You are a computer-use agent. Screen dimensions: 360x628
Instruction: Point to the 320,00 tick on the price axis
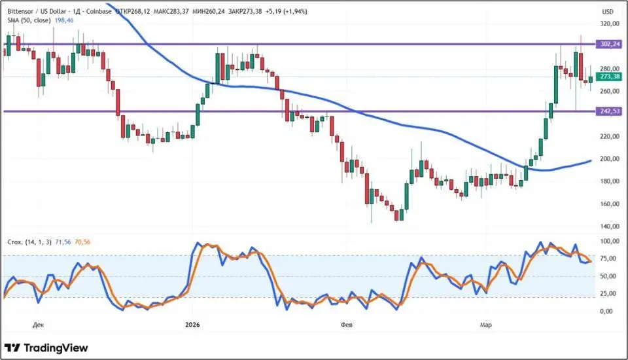609,24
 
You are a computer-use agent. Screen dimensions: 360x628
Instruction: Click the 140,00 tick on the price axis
609,226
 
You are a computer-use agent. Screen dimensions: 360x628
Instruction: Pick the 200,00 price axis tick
609,159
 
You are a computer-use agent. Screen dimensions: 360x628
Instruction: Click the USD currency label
607,12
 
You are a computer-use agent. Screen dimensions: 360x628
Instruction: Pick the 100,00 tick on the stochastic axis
609,242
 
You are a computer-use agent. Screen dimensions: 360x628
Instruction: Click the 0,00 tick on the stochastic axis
606,312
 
